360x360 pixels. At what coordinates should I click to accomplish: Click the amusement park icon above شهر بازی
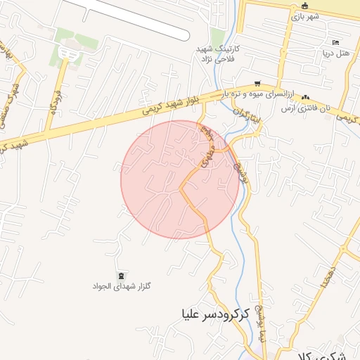click(x=295, y=7)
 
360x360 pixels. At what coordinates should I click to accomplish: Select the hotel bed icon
click(x=334, y=42)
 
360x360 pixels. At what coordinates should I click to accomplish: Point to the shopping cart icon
click(x=257, y=82)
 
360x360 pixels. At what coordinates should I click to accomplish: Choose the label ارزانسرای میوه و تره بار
click(x=262, y=93)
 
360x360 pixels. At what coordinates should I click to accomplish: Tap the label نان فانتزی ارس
click(x=305, y=108)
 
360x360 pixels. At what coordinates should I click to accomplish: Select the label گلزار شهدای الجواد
click(x=122, y=286)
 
